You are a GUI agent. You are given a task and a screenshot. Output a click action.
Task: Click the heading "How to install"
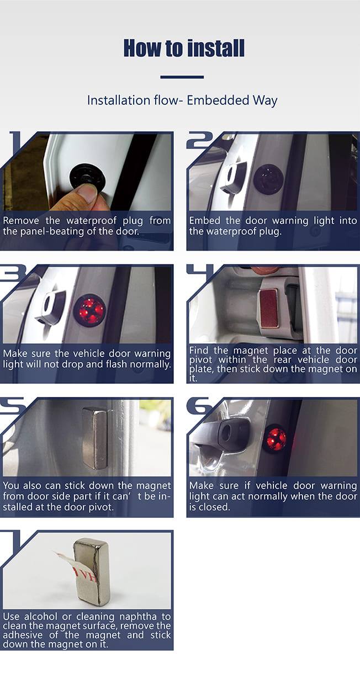click(184, 48)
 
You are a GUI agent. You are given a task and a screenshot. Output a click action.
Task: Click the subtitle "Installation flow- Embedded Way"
click(182, 100)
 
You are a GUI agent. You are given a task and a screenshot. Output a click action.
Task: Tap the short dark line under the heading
click(182, 77)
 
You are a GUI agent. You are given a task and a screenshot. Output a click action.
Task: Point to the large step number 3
click(14, 273)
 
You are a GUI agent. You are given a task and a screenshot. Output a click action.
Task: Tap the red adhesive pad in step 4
click(268, 308)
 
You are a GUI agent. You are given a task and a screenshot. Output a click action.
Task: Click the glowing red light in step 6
click(275, 439)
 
